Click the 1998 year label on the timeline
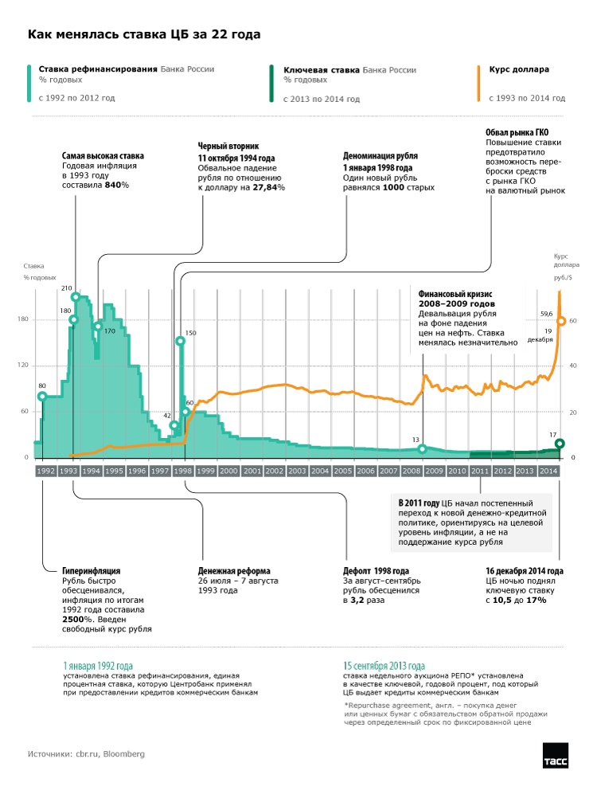183,471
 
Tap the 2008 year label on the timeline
412,471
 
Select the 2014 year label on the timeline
548,471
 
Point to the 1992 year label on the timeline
45,471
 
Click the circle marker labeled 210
76,298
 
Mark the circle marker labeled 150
181,341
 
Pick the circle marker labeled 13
423,449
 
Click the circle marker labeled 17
560,444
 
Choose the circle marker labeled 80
41,397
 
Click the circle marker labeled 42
174,425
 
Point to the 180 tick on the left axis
22,320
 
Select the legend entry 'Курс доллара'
519,69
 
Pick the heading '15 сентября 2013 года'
384,665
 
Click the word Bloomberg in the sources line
123,753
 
